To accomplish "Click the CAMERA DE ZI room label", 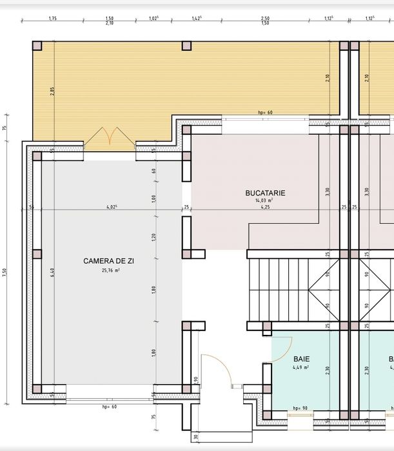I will point(108,261).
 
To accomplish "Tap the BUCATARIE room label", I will point(265,192).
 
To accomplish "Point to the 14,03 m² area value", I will point(264,201).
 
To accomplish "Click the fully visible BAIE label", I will point(301,358).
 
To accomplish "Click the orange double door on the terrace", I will point(109,135).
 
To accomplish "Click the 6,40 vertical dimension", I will point(53,272).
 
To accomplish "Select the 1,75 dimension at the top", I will point(53,19).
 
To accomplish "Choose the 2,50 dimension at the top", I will point(265,19).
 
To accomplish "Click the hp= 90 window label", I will point(299,408).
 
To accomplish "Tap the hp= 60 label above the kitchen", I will point(265,112).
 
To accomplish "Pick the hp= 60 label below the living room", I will point(109,407).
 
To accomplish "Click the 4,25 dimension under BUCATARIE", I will point(264,208).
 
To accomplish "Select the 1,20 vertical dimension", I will point(153,237).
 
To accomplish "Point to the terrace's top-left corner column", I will point(37,46).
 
